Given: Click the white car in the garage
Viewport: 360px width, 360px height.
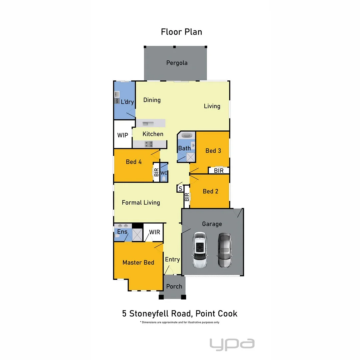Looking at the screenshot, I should click(199, 250).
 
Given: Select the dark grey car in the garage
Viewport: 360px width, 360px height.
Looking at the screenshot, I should click(224, 250).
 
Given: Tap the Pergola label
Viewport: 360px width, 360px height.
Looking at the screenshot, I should click(177, 63).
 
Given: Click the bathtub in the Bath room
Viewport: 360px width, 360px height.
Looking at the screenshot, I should click(186, 136).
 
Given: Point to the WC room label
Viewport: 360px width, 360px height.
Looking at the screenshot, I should click(163, 173).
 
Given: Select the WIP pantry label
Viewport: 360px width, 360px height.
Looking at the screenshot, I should click(123, 135).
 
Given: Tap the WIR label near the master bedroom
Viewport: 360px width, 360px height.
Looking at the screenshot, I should click(154, 232).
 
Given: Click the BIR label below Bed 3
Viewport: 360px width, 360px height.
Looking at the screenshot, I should click(219, 171).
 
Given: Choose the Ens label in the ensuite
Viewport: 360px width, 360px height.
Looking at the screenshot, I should click(122, 232).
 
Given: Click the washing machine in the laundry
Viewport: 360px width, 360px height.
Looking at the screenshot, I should click(117, 100).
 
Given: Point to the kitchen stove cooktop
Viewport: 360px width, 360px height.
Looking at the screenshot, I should click(149, 144).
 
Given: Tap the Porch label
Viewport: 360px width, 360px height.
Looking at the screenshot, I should click(174, 286).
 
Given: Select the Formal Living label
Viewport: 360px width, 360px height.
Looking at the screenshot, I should click(141, 202).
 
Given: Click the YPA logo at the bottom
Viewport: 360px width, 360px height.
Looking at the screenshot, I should click(232, 344).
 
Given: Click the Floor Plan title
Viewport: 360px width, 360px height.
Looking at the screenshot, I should click(181, 32).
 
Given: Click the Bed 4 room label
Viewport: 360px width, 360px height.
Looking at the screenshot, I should click(134, 162).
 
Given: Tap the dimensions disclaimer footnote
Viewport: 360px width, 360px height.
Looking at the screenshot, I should click(180, 322).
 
